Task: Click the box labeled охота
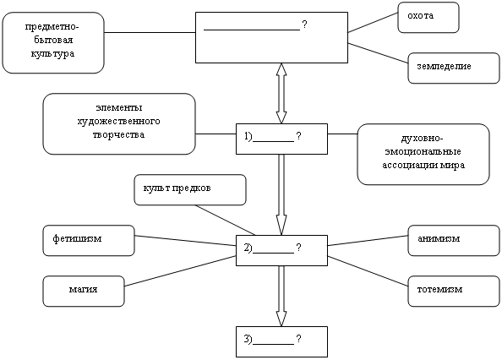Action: [x=428, y=17]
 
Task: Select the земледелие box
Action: [x=454, y=68]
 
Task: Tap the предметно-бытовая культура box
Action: [x=53, y=43]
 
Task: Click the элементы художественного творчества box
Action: [x=119, y=124]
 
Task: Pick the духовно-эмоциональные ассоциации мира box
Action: [x=423, y=155]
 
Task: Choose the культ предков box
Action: [x=190, y=190]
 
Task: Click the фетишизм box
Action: [x=89, y=241]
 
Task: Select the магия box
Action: [x=84, y=292]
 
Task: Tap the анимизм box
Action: [x=454, y=241]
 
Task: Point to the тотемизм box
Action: [x=454, y=292]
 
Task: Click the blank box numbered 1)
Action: [x=281, y=139]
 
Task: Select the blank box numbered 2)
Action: [x=281, y=250]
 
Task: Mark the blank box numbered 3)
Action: [x=281, y=341]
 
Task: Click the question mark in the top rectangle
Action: [x=304, y=25]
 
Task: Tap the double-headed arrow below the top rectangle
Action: [x=281, y=93]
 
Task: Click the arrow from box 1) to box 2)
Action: [x=281, y=195]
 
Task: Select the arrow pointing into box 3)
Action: [x=281, y=297]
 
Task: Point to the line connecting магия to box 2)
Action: [x=180, y=271]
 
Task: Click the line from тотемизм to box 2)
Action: [x=368, y=271]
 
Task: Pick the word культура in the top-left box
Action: [x=53, y=53]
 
